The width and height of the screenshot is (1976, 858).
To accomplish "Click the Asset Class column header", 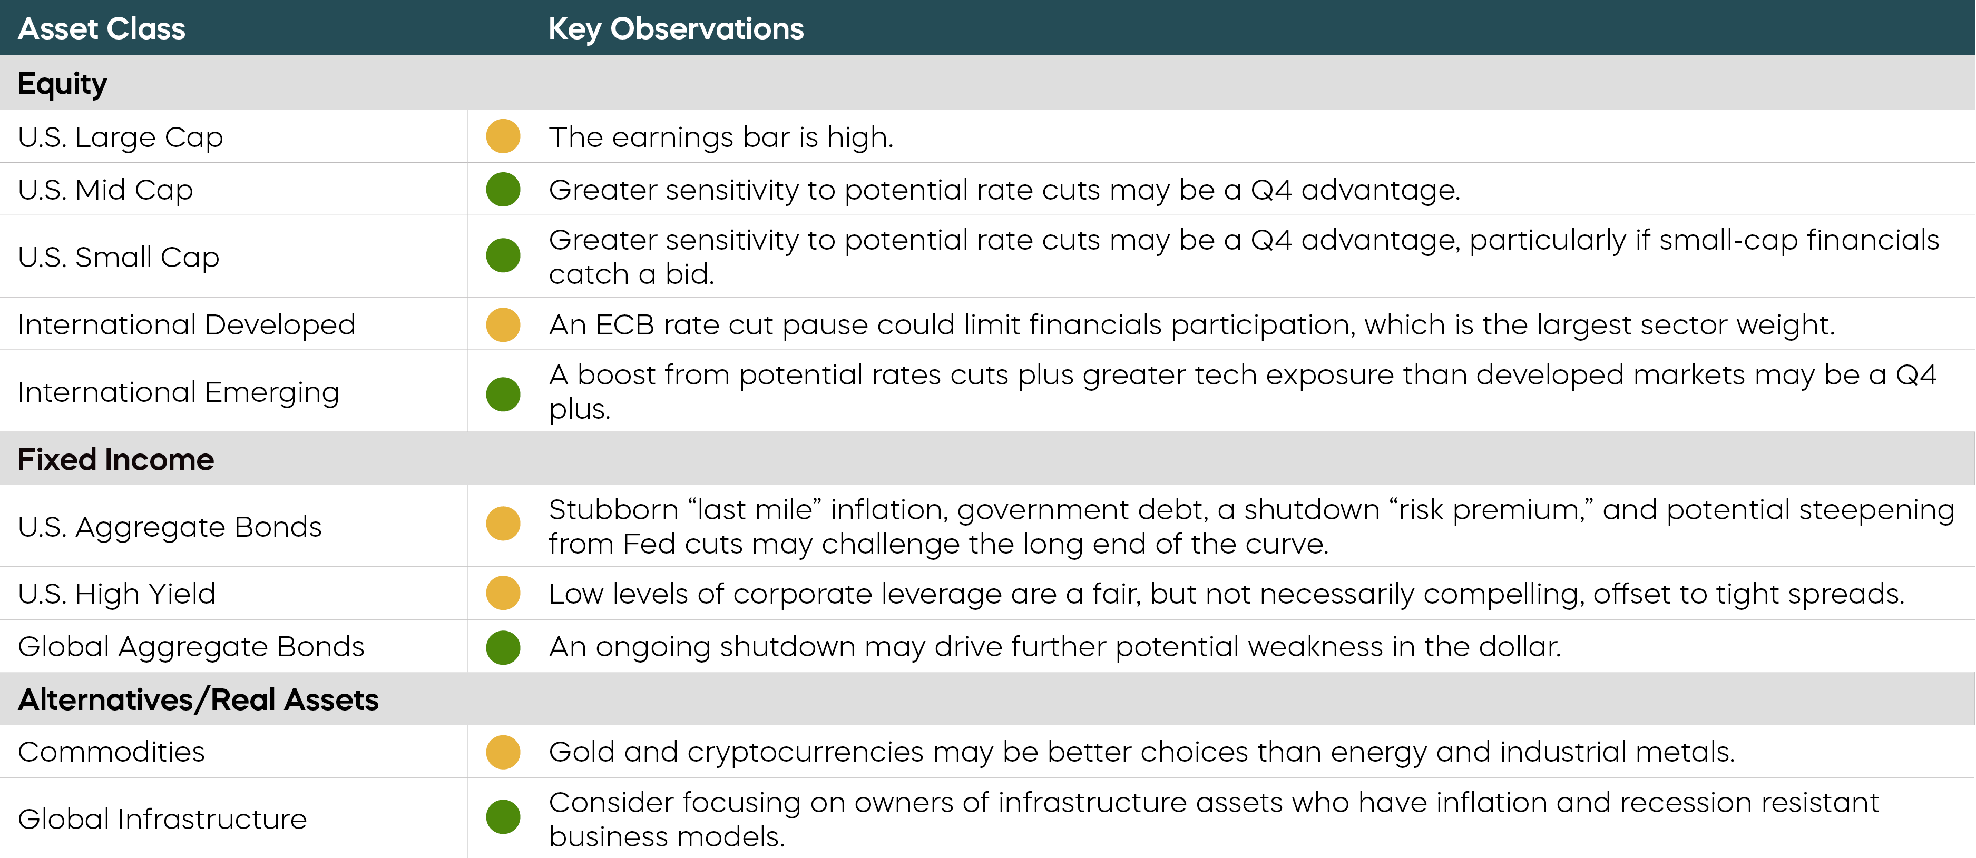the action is point(101,28).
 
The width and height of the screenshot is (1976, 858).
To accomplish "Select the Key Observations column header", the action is point(676,29).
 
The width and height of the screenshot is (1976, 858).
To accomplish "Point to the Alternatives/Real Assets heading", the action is point(198,699).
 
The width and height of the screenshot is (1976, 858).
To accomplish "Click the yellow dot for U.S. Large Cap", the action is point(503,136).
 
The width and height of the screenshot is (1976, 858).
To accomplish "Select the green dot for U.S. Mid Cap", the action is point(503,190).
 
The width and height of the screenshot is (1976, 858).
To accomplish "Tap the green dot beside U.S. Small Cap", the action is point(503,255).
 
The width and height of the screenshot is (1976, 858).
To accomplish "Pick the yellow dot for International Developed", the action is point(503,324).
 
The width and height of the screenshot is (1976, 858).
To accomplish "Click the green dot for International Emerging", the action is point(503,394).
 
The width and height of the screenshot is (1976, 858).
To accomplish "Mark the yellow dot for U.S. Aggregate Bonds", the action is point(503,524).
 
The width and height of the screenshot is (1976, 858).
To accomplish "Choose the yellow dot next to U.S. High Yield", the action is point(503,593).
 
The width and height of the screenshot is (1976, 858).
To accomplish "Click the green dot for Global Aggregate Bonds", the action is point(503,647).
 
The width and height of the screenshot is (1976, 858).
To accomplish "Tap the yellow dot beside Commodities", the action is point(503,752).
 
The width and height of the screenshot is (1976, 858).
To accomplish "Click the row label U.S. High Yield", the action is point(116,594).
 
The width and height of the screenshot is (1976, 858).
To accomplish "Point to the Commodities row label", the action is point(111,752).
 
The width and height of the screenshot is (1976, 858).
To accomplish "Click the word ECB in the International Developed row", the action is point(624,324).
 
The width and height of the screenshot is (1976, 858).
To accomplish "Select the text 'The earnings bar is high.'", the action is point(721,137).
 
